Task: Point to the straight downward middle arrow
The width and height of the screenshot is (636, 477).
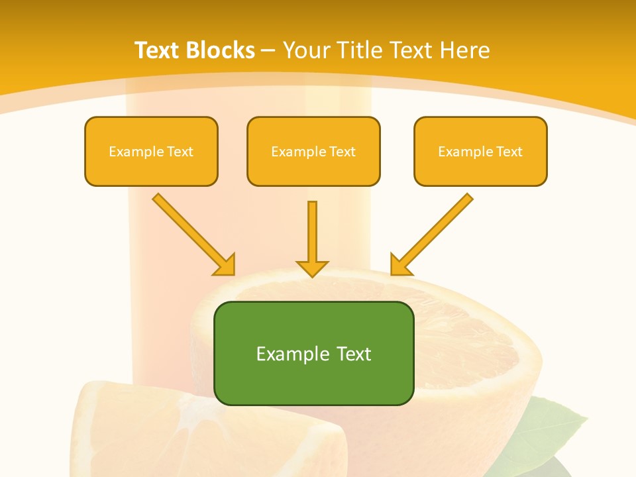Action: tap(312, 232)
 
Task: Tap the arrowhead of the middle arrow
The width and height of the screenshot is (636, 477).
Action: tap(312, 268)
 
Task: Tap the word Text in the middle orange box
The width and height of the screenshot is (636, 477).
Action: tap(343, 152)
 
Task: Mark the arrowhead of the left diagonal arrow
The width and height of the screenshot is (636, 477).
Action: tap(225, 265)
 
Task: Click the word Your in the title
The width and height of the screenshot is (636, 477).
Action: tap(305, 50)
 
